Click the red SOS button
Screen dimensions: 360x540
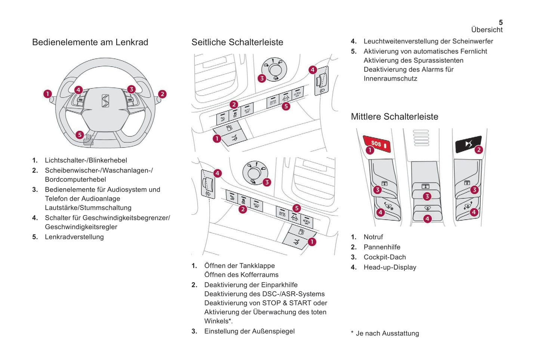pyautogui.click(x=377, y=144)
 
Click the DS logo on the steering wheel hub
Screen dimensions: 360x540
pyautogui.click(x=105, y=101)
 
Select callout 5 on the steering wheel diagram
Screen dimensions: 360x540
pyautogui.click(x=79, y=135)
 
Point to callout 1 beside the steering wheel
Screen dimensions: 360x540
pyautogui.click(x=47, y=94)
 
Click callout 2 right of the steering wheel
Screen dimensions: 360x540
pyautogui.click(x=162, y=94)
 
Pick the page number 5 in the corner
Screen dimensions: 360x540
pyautogui.click(x=501, y=22)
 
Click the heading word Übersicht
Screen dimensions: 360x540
pyautogui.click(x=487, y=30)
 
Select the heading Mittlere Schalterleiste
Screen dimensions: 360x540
pyautogui.click(x=394, y=117)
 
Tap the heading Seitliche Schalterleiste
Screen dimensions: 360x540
pyautogui.click(x=237, y=42)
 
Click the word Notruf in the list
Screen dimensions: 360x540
pyautogui.click(x=373, y=237)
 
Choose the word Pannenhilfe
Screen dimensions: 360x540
pyautogui.click(x=382, y=247)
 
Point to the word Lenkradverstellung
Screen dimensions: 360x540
pyautogui.click(x=74, y=237)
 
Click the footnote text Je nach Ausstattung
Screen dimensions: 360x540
pyautogui.click(x=387, y=333)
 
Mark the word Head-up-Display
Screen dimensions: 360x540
pyautogui.click(x=390, y=267)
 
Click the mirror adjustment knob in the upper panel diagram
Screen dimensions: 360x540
pyautogui.click(x=275, y=69)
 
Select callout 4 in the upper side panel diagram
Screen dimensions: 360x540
pyautogui.click(x=312, y=70)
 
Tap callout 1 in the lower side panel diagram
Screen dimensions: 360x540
pyautogui.click(x=312, y=242)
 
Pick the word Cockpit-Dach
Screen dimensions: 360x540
pyautogui.click(x=385, y=257)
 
